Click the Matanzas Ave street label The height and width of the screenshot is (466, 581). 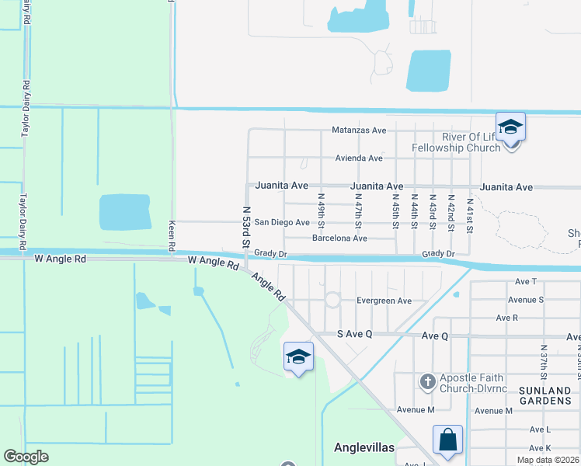359,130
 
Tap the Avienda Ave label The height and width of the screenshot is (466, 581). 359,158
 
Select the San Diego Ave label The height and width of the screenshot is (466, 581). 282,222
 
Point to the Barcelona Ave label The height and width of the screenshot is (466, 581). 339,238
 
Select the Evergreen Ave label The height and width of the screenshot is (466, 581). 384,301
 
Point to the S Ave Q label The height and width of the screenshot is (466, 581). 355,333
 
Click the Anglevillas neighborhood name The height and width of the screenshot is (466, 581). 364,448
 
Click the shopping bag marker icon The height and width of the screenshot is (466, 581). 448,440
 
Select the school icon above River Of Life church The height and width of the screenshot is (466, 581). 510,126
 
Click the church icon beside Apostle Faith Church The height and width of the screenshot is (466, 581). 427,381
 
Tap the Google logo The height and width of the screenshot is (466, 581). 26,457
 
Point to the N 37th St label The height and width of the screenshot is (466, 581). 544,363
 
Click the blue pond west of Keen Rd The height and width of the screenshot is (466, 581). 124,212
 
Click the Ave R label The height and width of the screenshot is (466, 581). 506,318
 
